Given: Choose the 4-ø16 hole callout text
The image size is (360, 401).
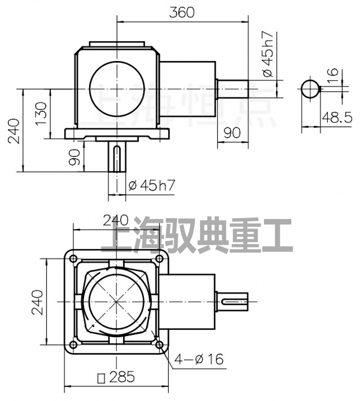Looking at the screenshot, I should (199, 359).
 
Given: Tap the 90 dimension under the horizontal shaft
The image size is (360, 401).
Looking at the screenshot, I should (232, 133).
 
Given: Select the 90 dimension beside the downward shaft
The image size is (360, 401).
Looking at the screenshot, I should (75, 157).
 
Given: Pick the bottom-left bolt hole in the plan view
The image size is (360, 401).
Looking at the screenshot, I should (73, 344).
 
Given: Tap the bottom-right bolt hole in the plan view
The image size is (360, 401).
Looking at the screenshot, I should (159, 344).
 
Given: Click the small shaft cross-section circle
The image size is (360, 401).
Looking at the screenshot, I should (310, 88).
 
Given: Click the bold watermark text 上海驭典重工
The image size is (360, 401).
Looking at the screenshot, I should (196, 236).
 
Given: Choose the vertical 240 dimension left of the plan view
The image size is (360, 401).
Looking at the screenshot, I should (37, 302).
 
